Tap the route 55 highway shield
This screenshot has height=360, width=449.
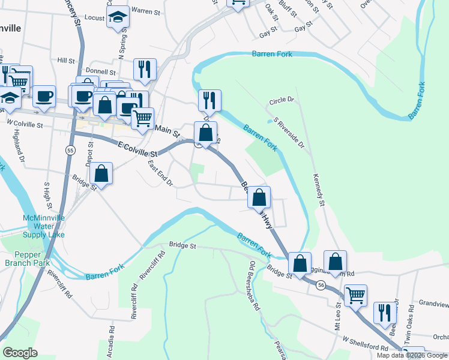coord(71,150)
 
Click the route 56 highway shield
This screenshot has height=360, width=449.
coord(322,287)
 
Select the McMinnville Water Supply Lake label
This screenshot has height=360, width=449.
coord(43,226)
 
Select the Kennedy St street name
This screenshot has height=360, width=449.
coord(318,191)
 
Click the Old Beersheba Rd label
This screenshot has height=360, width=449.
coord(255,286)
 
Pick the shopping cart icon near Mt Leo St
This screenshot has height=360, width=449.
coord(355,295)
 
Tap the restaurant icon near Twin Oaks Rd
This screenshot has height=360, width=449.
coord(384,313)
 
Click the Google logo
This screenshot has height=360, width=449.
coord(20,352)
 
